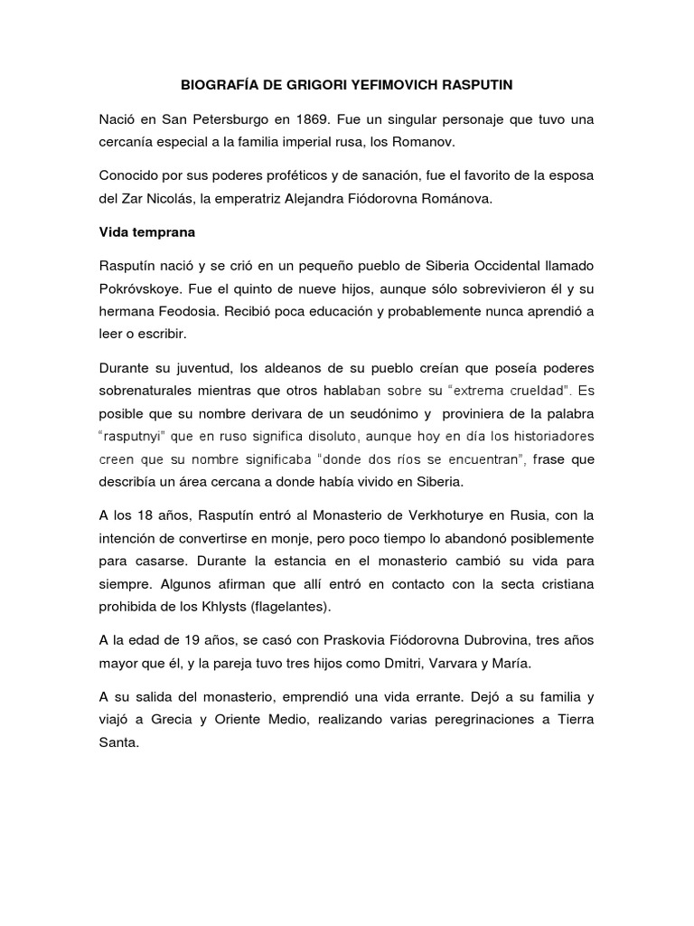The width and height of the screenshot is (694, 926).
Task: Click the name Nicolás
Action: (183, 200)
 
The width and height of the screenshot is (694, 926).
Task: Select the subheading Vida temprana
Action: (146, 231)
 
